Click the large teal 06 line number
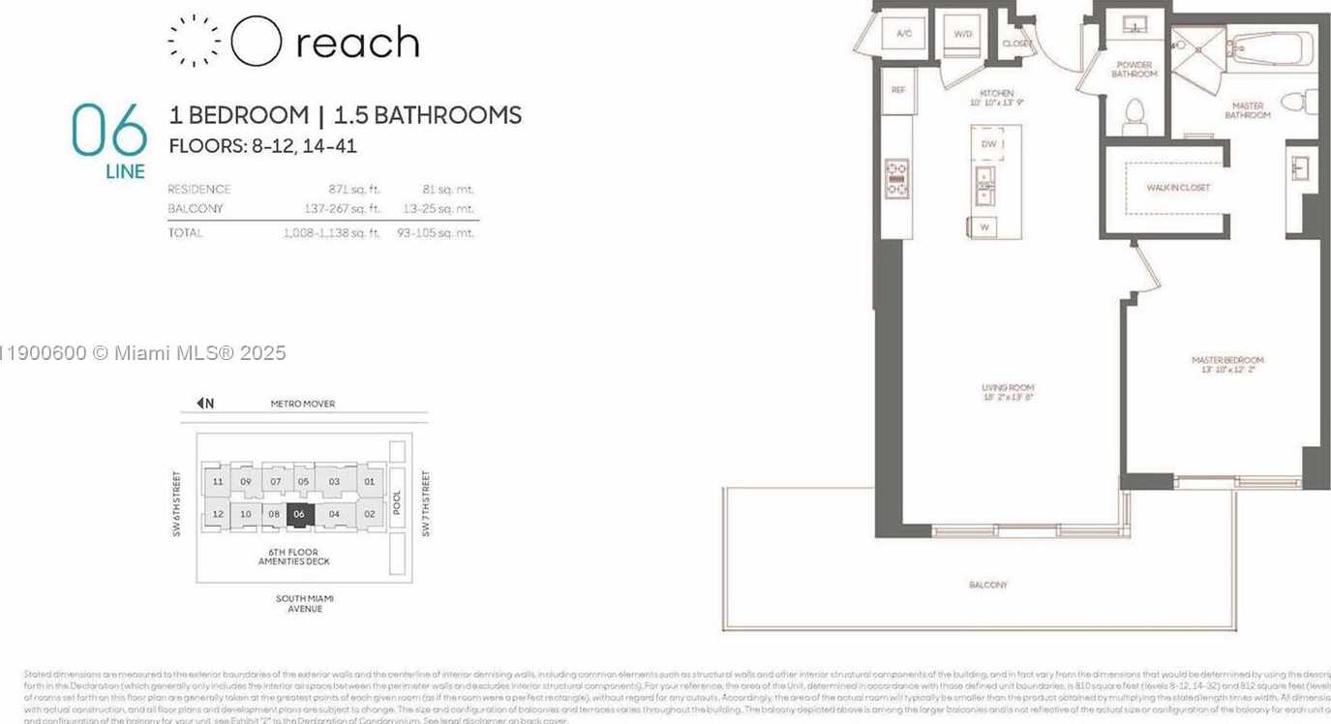tap(109, 130)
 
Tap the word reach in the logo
tap(357, 44)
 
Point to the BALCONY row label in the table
tap(196, 209)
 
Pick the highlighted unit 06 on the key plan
tap(299, 515)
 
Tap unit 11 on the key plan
tap(218, 482)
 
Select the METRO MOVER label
tap(303, 404)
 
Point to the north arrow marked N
tap(204, 404)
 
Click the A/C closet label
tap(904, 34)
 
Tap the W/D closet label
tap(962, 34)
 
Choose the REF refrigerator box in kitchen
tap(897, 89)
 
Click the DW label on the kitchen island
tap(988, 144)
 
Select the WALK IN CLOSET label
tap(1178, 188)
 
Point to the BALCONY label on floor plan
tap(988, 585)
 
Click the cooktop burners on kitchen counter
tap(896, 178)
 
